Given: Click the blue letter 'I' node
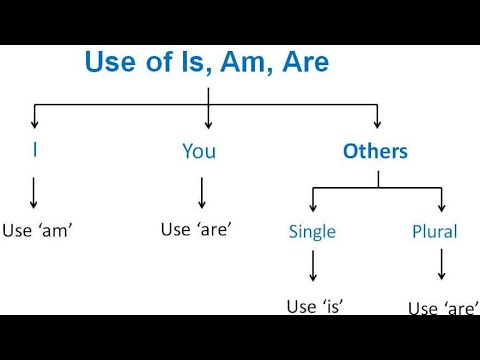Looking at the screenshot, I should click(x=36, y=151).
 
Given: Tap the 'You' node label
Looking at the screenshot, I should click(x=199, y=152).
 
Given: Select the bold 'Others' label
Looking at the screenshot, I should click(x=375, y=152).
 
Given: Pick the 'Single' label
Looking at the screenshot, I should click(x=312, y=232).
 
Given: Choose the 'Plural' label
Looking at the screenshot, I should click(x=434, y=232).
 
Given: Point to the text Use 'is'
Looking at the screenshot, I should click(x=314, y=306).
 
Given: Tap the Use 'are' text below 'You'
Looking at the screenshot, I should click(x=196, y=229).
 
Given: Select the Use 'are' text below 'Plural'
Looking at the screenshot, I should click(x=442, y=308).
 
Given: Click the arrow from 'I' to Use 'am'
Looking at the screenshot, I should click(x=36, y=192).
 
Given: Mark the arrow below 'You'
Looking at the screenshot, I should click(x=202, y=192).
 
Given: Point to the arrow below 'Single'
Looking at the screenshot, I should click(x=313, y=266).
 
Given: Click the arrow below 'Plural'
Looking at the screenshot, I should click(x=441, y=264).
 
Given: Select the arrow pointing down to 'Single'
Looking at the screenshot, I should click(x=313, y=199).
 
